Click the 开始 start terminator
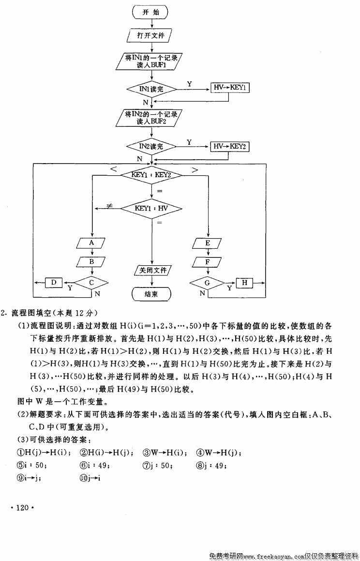(151, 12)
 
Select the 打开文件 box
(151, 35)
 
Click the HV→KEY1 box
(231, 88)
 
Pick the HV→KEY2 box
(231, 146)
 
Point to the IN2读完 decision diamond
(151, 146)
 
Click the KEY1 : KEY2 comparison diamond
(151, 175)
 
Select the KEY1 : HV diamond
(151, 208)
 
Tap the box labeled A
(91, 243)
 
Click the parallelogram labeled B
(91, 262)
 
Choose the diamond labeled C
(91, 282)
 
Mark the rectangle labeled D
(54, 282)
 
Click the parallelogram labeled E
(208, 243)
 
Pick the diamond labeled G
(208, 282)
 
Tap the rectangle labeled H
(245, 282)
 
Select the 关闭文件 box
(151, 270)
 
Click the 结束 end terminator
(151, 294)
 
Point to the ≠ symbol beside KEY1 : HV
(110, 207)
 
